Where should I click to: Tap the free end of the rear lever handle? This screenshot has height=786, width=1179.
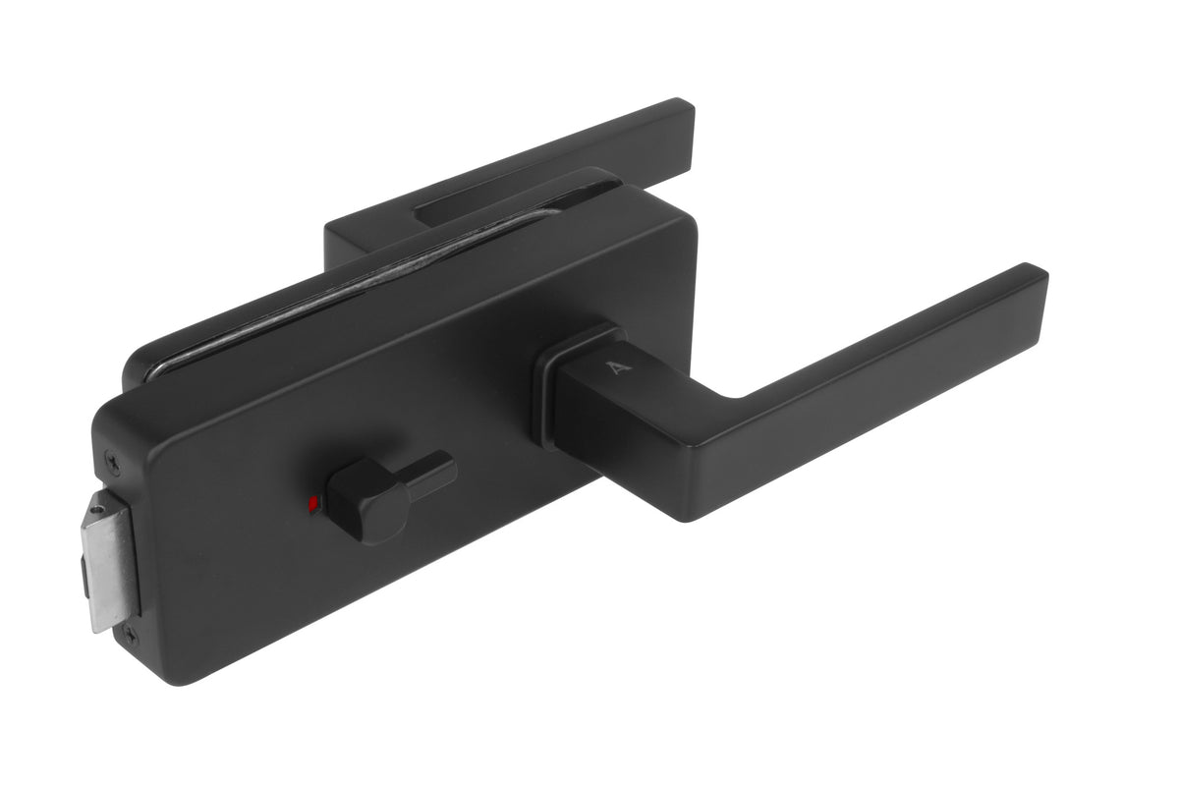678,118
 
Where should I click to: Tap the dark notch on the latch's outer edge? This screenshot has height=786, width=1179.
83,569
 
